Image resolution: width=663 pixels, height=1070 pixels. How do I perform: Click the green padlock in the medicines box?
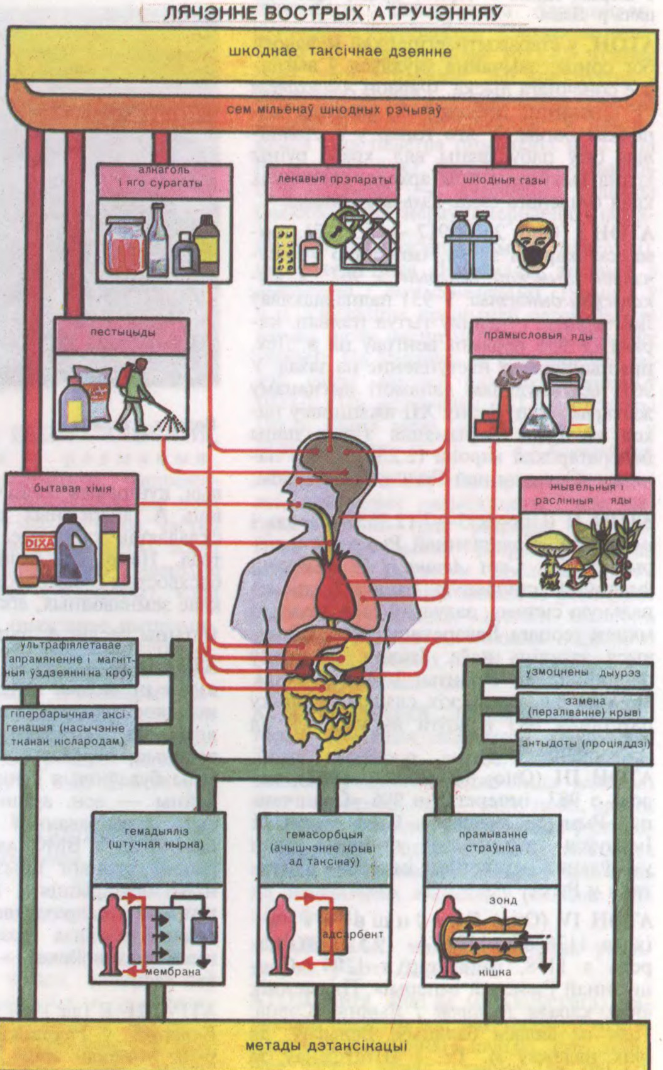tap(340, 225)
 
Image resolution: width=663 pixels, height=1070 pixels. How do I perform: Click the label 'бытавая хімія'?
tap(72, 488)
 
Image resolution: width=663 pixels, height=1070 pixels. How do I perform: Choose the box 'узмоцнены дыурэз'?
tap(584, 672)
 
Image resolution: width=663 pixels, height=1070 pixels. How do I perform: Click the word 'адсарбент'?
tap(343, 934)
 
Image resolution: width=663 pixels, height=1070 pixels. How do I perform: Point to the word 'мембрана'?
tap(173, 971)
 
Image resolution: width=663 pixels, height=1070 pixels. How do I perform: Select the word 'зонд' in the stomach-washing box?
tap(503, 901)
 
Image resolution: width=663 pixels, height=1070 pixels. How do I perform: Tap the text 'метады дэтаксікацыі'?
tap(326, 1046)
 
